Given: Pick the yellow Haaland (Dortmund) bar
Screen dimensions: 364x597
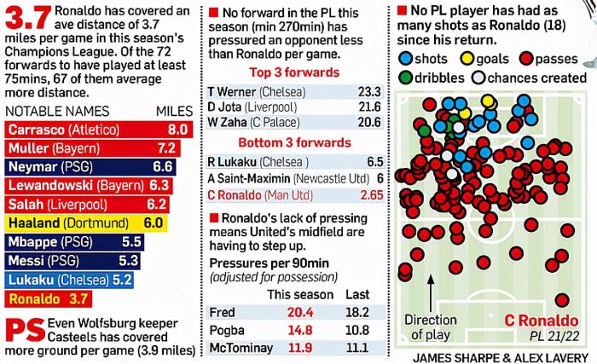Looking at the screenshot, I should click(x=84, y=223).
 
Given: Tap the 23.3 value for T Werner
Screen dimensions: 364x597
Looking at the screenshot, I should click(x=370, y=90).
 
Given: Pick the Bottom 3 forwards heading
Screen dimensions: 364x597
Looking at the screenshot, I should click(x=294, y=142).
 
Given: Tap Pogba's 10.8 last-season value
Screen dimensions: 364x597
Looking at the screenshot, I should click(x=359, y=331).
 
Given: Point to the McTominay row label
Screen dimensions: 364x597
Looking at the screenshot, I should click(x=241, y=349).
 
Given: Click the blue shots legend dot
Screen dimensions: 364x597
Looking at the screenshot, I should click(x=405, y=59).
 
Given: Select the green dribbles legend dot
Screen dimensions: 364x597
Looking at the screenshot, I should click(x=405, y=78).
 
